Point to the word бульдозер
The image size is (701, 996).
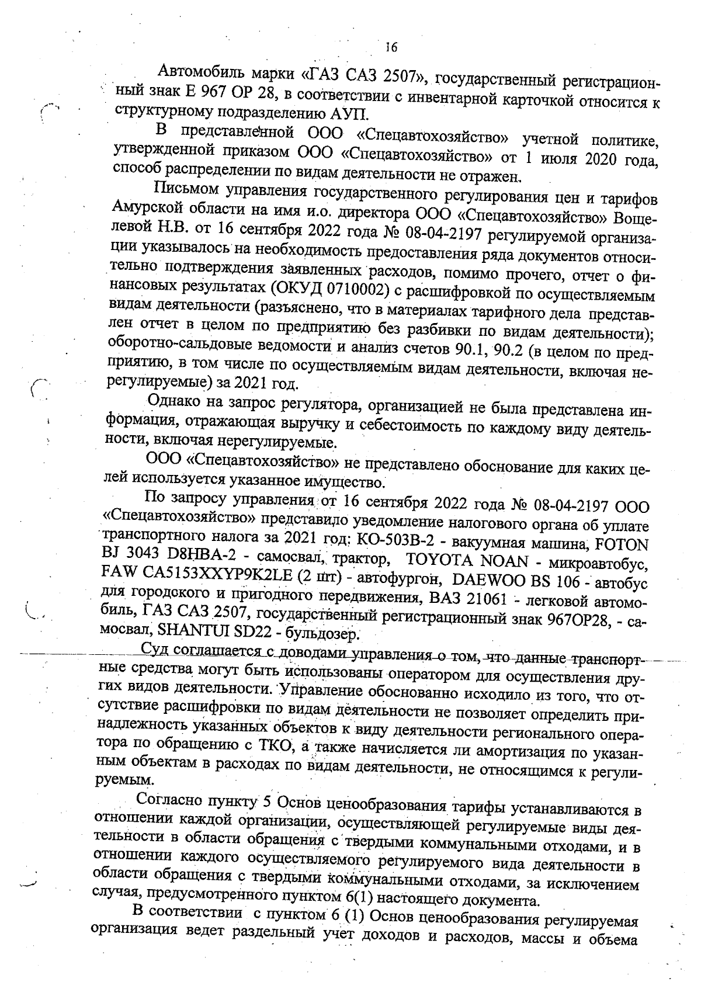tap(327, 633)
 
